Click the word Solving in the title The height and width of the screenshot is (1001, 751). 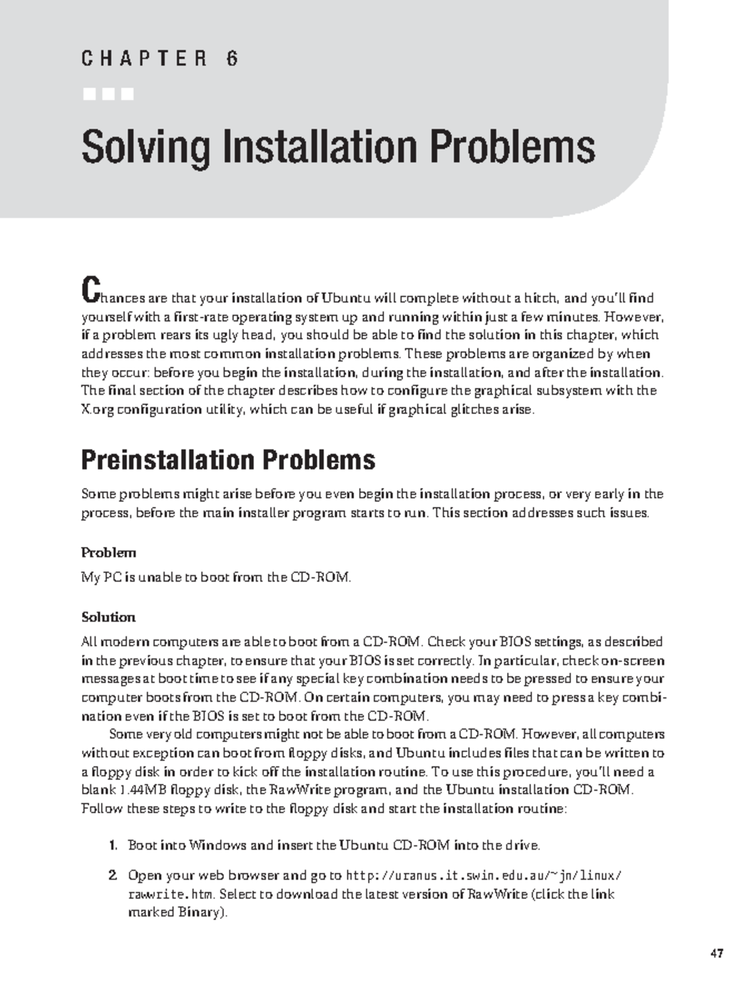coord(145,147)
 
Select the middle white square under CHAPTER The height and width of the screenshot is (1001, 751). coord(108,94)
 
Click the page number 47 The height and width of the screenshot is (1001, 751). coord(717,954)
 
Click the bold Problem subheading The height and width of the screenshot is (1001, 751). coord(108,553)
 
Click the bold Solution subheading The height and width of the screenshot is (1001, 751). coord(108,617)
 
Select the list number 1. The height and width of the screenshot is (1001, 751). coord(113,846)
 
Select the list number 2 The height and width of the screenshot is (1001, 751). coord(113,875)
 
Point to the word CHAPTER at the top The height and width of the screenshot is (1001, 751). coord(143,59)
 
